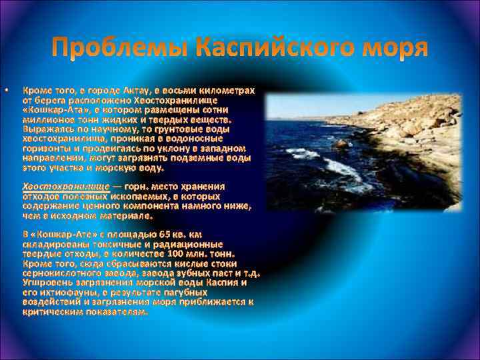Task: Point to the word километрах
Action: [221, 90]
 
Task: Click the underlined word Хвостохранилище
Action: [66, 187]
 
